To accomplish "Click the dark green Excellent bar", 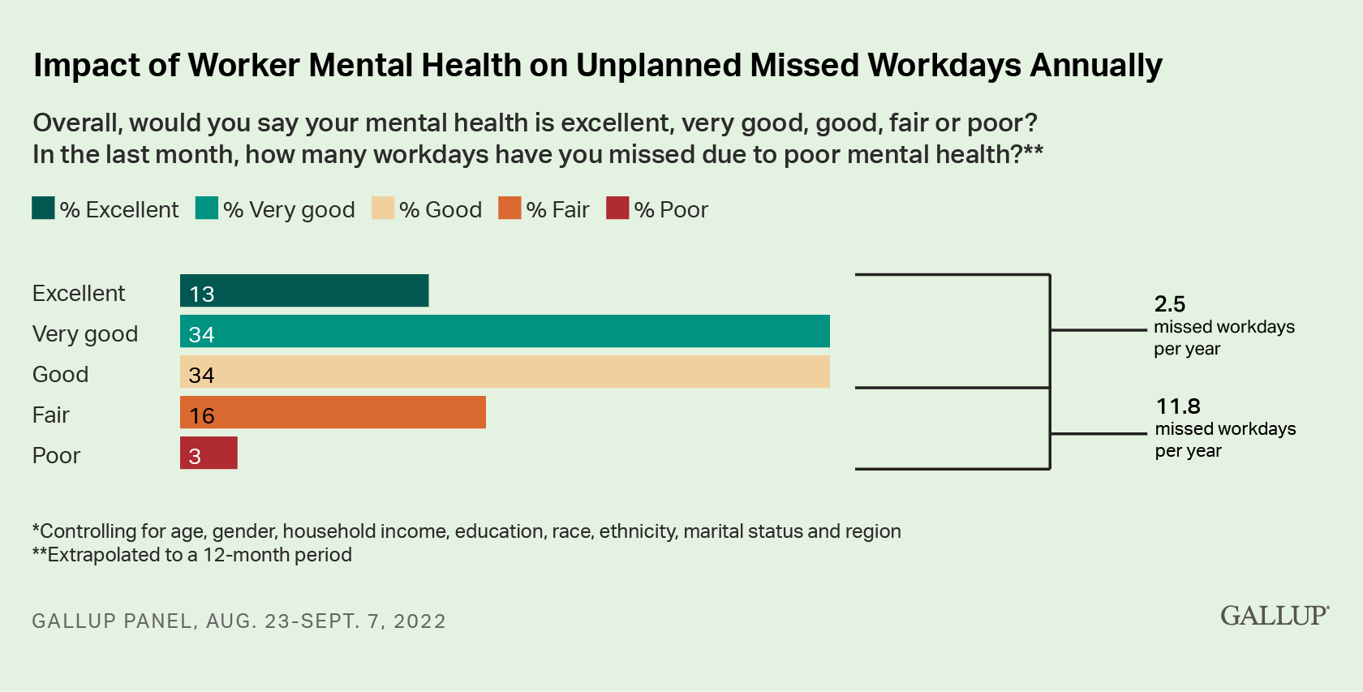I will click(304, 290).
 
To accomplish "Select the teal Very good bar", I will click(505, 331).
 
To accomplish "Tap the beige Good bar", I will click(505, 372).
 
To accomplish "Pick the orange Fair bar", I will click(333, 412).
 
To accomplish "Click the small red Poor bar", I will click(209, 453).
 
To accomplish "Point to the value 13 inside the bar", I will click(202, 294).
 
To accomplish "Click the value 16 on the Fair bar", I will click(202, 415).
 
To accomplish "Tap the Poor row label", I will click(56, 455).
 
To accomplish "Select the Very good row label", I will click(85, 333).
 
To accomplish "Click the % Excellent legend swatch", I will click(43, 208).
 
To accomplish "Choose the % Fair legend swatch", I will click(510, 208).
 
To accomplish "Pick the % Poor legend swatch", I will click(617, 208).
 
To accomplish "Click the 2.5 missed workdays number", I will click(1170, 304).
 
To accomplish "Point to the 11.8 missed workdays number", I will click(1178, 406).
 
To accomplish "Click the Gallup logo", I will click(1274, 616).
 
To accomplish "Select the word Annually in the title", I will click(1096, 65).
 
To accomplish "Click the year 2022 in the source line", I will click(419, 621).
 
